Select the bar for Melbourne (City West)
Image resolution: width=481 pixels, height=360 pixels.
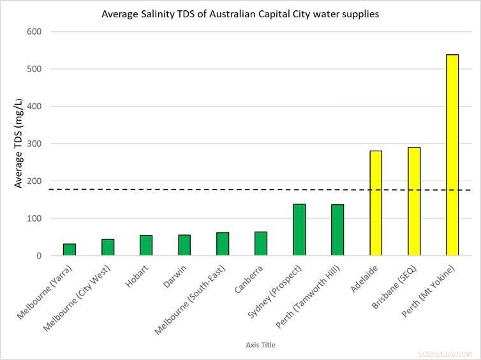(x=108, y=247)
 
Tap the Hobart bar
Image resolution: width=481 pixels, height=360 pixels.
(x=146, y=246)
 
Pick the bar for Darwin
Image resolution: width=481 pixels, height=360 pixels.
(x=184, y=245)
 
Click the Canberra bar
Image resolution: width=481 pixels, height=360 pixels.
(x=261, y=244)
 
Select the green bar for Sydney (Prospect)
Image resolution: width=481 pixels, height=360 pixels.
(x=299, y=230)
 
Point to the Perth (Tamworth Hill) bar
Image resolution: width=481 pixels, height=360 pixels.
(x=337, y=230)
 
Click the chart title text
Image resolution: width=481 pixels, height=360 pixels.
(x=241, y=14)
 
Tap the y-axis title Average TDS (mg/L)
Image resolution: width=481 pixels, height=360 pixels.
(x=19, y=143)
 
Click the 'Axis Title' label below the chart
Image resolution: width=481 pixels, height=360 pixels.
(x=260, y=345)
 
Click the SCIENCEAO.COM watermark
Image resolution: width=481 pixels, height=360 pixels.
(x=445, y=354)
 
